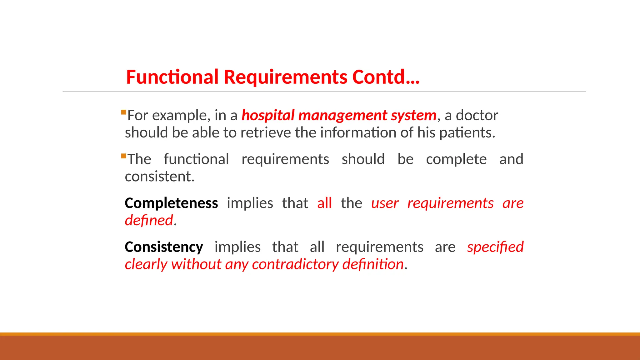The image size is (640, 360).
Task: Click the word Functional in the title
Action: (x=172, y=77)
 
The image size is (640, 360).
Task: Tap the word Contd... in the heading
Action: (x=386, y=77)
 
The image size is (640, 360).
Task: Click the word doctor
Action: (x=477, y=116)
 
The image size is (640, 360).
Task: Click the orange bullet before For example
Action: (x=123, y=112)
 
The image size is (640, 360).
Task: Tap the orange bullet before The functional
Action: (x=123, y=156)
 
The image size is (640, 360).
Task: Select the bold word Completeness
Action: (x=171, y=203)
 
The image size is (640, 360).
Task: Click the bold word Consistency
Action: (x=164, y=247)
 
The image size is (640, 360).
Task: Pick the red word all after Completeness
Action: (x=324, y=203)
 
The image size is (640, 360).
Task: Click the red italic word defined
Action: (x=149, y=221)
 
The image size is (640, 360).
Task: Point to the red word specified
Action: (x=495, y=247)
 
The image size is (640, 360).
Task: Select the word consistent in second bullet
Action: (x=159, y=177)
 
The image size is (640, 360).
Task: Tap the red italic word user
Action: (x=385, y=203)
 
